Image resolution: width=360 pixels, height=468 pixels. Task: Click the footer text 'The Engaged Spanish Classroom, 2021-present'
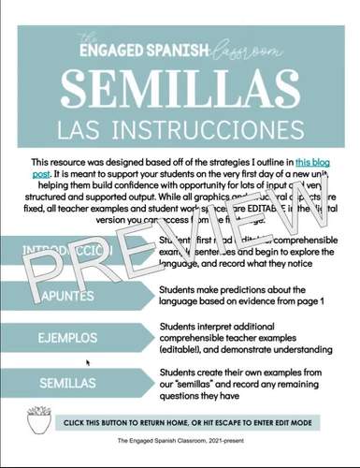pyautogui.click(x=180, y=452)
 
